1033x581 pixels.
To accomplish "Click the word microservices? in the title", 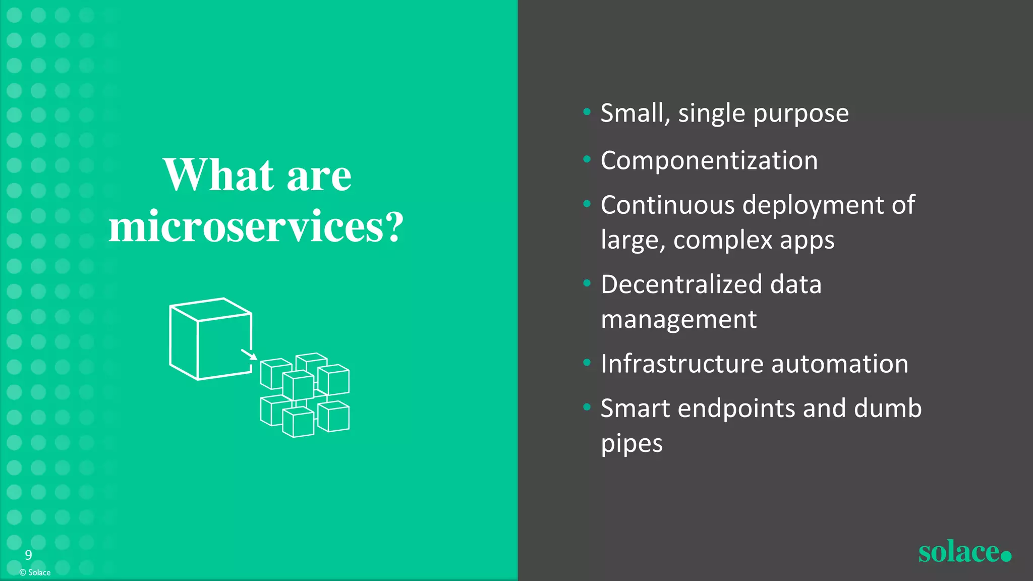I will (256, 227).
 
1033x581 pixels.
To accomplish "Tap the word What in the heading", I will (218, 175).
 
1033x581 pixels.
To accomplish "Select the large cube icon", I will (210, 339).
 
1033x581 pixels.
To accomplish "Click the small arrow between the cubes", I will (249, 354).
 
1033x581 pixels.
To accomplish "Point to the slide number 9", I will (29, 555).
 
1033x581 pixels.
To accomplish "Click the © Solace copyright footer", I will (35, 572).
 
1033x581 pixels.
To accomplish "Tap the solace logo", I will (964, 552).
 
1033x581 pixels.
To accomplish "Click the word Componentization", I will (709, 161).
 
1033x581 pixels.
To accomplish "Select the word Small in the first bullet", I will (633, 113).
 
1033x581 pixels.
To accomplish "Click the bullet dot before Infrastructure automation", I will (587, 363).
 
